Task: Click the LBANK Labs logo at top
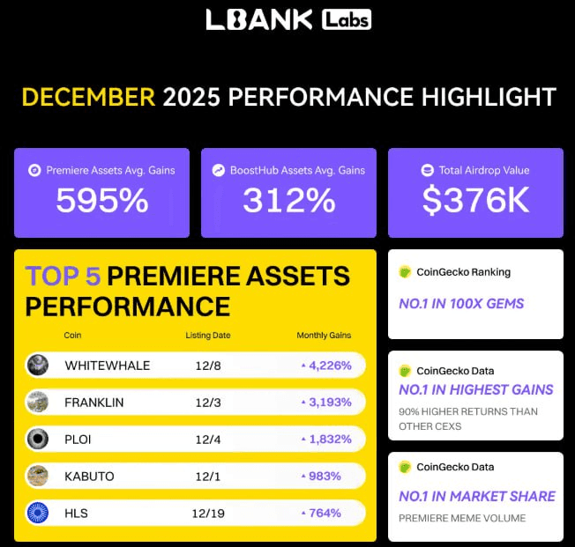coord(287,19)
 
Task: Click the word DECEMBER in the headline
coord(88,97)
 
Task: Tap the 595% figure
coord(102,202)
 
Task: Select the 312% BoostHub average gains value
coord(289,202)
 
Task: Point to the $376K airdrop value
coord(475,202)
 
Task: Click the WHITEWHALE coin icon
coord(38,365)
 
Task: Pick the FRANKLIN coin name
coord(94,403)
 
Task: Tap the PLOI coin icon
coord(38,439)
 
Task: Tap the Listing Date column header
coord(209,336)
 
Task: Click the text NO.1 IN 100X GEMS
coord(461,304)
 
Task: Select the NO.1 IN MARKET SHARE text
coord(476,496)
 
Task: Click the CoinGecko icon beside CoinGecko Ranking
coord(406,272)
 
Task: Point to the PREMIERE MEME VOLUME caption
coord(462,518)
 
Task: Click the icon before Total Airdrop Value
coord(428,170)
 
